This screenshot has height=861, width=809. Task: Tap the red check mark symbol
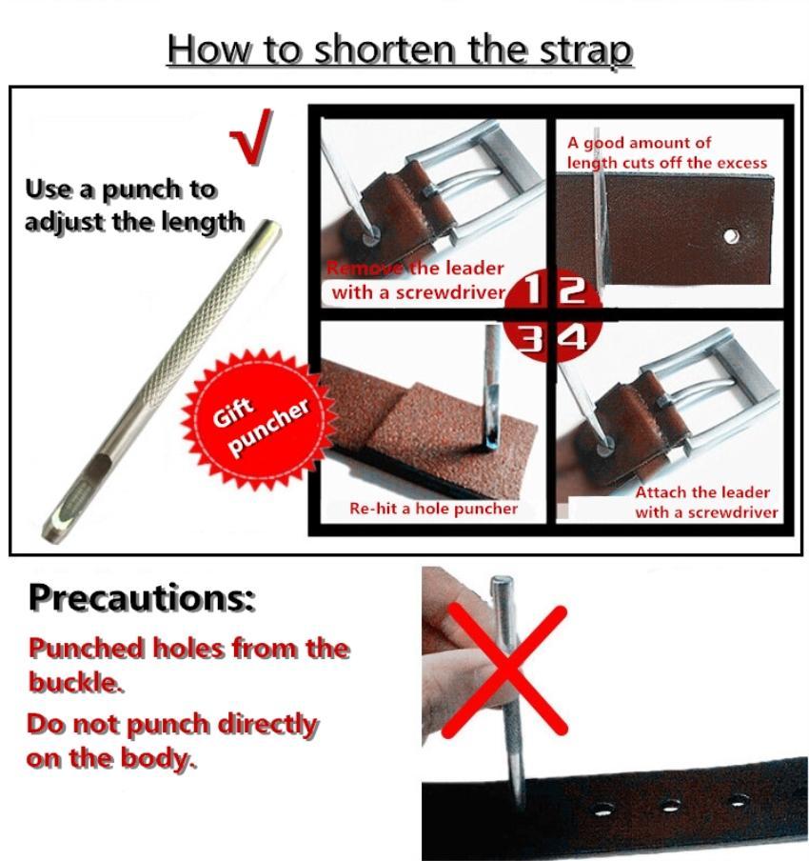253,138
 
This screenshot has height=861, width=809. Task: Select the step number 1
531,290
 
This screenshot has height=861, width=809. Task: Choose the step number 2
572,290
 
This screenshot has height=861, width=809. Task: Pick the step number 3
529,337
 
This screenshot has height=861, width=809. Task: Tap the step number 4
572,337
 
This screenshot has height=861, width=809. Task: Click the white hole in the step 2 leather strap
731,236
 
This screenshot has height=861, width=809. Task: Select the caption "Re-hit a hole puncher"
433,509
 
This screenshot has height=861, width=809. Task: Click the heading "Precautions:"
142,598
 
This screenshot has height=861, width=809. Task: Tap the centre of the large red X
504,671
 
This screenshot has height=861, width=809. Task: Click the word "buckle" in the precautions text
74,683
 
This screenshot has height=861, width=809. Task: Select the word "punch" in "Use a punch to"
142,190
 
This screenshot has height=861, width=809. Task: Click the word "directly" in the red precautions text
267,725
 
